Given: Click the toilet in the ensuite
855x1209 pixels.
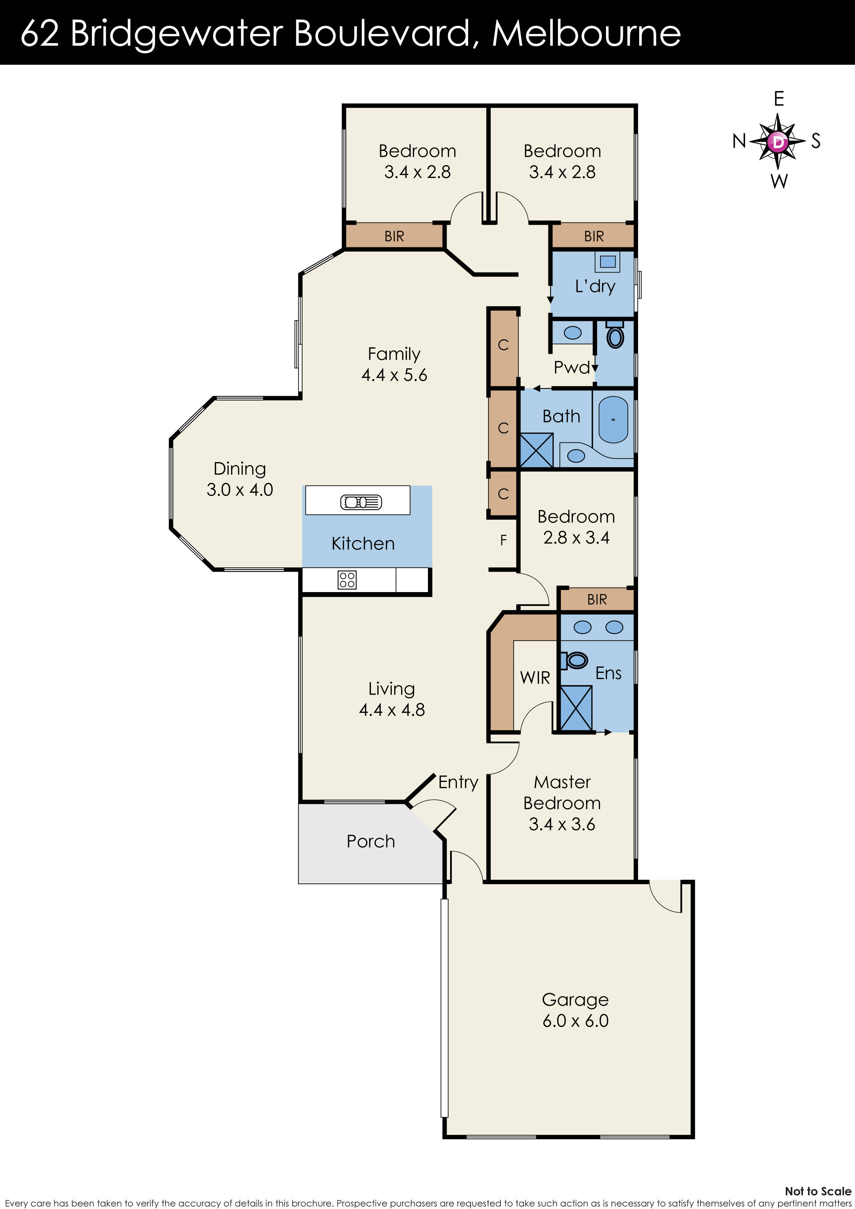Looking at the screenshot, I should tap(575, 660).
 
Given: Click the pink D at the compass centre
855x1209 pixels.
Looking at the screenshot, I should tap(778, 141).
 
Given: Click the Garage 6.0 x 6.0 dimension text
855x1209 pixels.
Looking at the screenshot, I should tap(575, 1020).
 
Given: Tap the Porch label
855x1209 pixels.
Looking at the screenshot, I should tap(370, 841).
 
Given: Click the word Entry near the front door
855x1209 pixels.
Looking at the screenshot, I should tap(458, 782).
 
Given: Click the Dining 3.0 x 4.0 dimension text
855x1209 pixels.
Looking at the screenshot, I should tap(240, 489).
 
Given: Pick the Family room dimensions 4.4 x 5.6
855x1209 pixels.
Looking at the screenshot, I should tap(394, 374).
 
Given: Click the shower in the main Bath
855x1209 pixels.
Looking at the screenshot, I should tap(537, 450).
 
